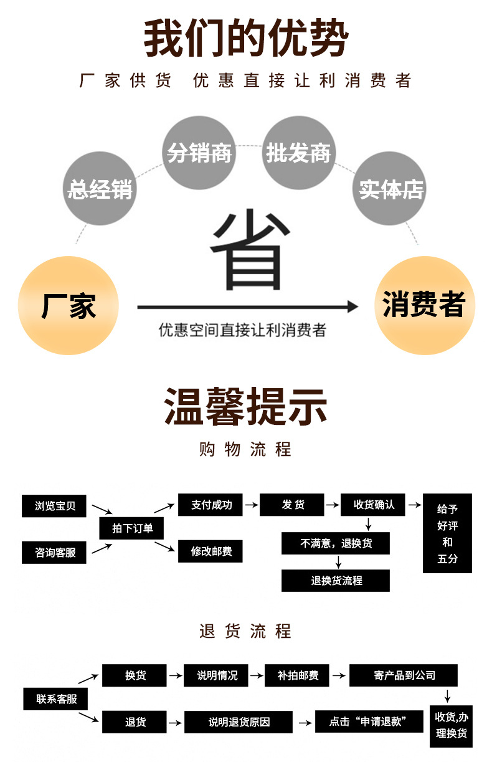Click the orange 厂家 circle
tap(69, 306)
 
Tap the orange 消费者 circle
tap(423, 305)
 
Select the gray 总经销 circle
tap(100, 188)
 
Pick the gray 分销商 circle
tap(199, 153)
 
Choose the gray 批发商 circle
tap(298, 153)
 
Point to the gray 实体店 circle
tap(390, 188)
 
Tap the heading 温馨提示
tap(246, 406)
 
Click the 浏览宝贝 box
tap(55, 505)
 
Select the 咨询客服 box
tap(55, 552)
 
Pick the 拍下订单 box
tap(126, 529)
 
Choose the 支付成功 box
tap(210, 505)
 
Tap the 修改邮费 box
tap(210, 551)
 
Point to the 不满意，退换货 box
tap(336, 543)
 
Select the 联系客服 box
tap(55, 698)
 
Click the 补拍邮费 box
tap(297, 675)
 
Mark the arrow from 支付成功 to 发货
tap(251, 505)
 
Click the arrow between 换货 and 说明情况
tap(176, 675)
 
